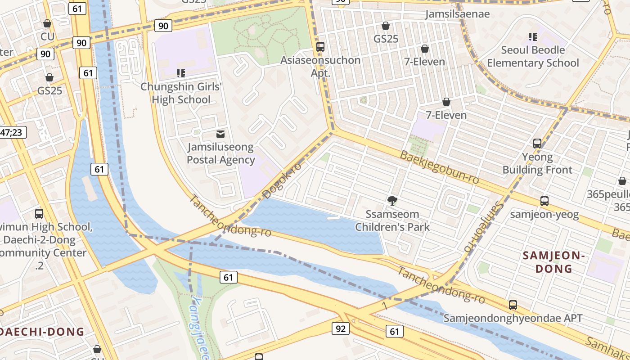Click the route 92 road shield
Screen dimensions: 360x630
click(341, 328)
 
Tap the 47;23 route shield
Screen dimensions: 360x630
click(12, 132)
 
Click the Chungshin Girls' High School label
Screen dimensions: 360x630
click(181, 93)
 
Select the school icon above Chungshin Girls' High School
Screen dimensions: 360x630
click(181, 73)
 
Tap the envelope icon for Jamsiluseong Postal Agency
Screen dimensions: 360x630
click(220, 134)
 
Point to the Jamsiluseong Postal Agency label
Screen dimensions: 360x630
click(220, 153)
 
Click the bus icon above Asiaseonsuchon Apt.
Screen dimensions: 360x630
click(320, 46)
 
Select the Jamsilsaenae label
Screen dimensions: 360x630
click(458, 14)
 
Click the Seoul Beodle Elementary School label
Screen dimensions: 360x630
click(533, 56)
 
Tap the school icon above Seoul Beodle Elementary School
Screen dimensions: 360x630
click(533, 36)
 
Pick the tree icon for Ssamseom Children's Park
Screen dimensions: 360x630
click(392, 200)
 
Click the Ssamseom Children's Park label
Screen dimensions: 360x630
click(392, 220)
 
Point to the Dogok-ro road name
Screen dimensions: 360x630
click(282, 180)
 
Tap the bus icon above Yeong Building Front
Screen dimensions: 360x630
click(537, 144)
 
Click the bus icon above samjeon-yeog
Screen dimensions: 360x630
click(544, 201)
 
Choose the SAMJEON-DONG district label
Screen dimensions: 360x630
click(553, 262)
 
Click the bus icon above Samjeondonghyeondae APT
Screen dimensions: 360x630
click(513, 305)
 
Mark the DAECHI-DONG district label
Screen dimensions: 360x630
click(42, 332)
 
